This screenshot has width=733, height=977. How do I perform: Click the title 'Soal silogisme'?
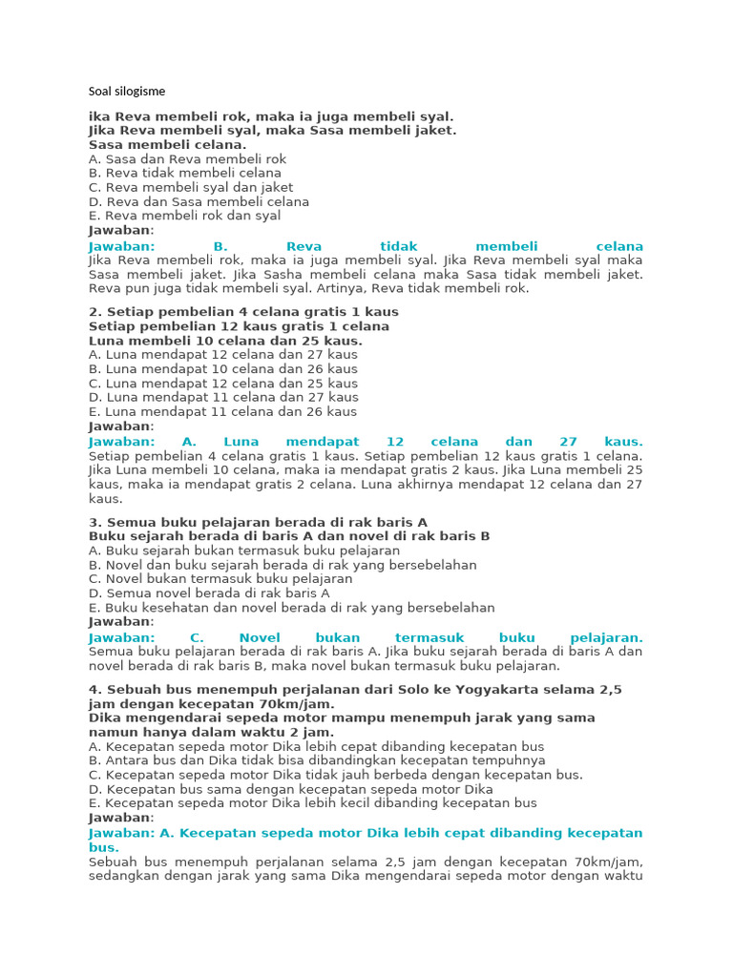tap(126, 92)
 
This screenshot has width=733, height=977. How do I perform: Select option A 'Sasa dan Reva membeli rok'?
tap(187, 159)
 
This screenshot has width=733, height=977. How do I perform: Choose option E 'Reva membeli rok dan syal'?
tap(184, 217)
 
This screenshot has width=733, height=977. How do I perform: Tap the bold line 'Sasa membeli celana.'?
tap(167, 145)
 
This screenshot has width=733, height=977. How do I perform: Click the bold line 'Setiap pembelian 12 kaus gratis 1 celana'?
tap(239, 326)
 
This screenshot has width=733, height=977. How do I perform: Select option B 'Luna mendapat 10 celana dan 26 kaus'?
tap(222, 369)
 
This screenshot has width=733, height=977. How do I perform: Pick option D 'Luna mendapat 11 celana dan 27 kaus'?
tap(222, 398)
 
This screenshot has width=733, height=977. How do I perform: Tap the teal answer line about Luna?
tap(366, 442)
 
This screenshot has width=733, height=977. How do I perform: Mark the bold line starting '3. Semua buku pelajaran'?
tap(258, 522)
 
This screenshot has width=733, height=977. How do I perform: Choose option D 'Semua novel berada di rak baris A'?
tap(208, 593)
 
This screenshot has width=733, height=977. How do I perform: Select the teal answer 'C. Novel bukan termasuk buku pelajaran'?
tap(366, 637)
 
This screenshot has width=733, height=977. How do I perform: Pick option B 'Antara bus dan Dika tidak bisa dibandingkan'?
tap(317, 760)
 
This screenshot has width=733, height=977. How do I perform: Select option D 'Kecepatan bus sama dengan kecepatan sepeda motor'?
tap(290, 789)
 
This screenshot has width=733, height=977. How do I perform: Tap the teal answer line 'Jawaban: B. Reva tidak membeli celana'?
tap(366, 246)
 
